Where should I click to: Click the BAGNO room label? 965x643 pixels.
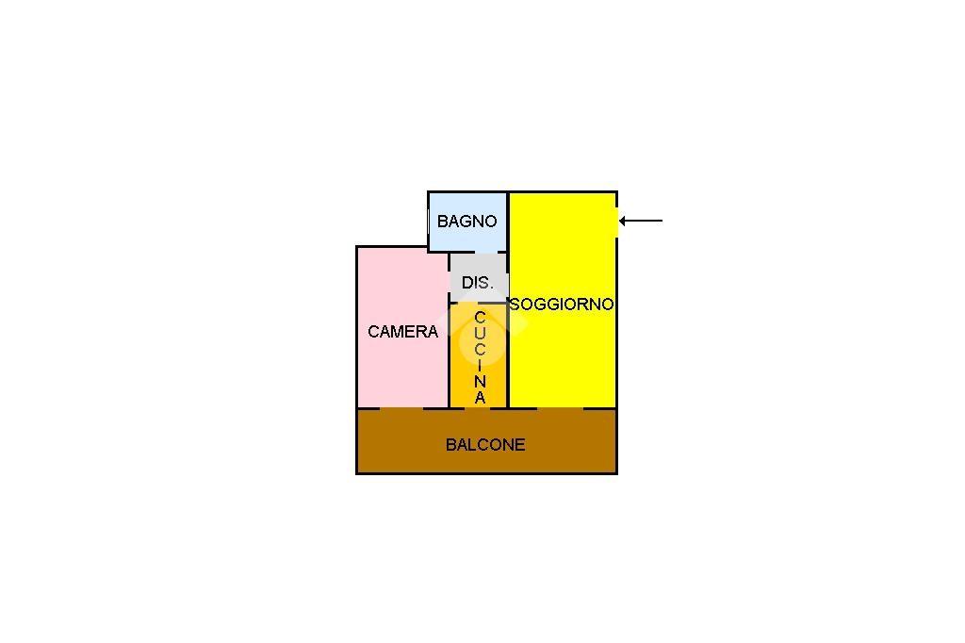pyautogui.click(x=467, y=222)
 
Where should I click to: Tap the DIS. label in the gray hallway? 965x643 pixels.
pyautogui.click(x=478, y=283)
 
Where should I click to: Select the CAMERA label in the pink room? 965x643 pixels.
pyautogui.click(x=403, y=332)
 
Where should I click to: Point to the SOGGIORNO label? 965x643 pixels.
pyautogui.click(x=562, y=305)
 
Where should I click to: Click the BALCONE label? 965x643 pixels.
pyautogui.click(x=485, y=445)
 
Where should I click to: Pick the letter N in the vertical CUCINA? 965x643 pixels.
pyautogui.click(x=480, y=382)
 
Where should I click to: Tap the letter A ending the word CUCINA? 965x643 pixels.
pyautogui.click(x=480, y=398)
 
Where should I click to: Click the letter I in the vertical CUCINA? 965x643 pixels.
pyautogui.click(x=480, y=366)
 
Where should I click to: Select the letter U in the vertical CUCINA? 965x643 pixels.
pyautogui.click(x=480, y=334)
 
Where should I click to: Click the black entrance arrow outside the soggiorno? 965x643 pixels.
pyautogui.click(x=641, y=221)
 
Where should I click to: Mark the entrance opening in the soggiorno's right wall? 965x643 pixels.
pyautogui.click(x=616, y=222)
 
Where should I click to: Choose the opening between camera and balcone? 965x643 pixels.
pyautogui.click(x=401, y=407)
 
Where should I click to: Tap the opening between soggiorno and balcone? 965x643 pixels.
pyautogui.click(x=560, y=407)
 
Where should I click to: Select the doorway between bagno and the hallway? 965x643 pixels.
pyautogui.click(x=478, y=253)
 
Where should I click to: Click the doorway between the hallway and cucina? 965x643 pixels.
pyautogui.click(x=466, y=303)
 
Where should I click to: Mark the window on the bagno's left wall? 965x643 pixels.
pyautogui.click(x=429, y=222)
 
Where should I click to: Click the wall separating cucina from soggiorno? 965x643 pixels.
pyautogui.click(x=508, y=355)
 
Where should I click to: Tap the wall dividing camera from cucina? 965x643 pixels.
pyautogui.click(x=449, y=355)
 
